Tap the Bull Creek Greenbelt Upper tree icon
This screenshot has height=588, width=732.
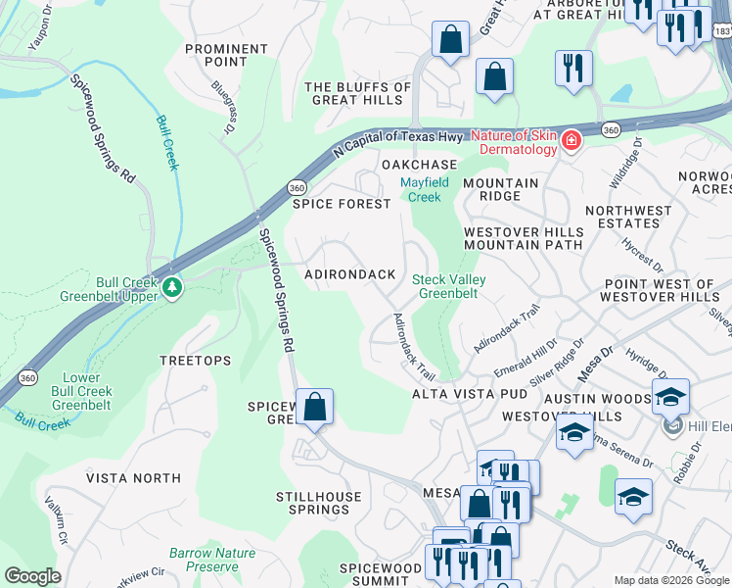pos(172,286)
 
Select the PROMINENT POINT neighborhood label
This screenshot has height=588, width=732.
pos(226,56)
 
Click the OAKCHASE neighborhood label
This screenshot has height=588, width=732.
pos(419,164)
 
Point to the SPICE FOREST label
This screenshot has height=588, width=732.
pos(342,204)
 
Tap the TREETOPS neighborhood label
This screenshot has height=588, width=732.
pos(196,361)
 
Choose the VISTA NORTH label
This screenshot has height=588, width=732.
pos(133,478)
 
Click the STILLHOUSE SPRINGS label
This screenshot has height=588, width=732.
pos(312,503)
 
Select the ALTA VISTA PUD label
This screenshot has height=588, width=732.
pos(469,394)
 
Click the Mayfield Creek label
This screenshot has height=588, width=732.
pos(425,189)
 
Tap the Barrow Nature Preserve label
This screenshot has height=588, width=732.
pos(211,560)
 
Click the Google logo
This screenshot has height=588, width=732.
pos(32,576)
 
